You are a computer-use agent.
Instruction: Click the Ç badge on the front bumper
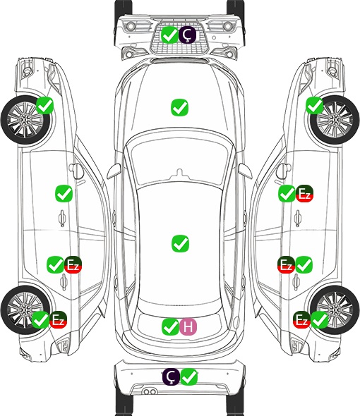(x=187, y=35)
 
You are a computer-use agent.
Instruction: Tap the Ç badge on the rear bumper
(x=172, y=377)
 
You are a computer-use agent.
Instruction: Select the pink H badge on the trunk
(x=188, y=326)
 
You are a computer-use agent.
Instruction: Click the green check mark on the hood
(x=179, y=107)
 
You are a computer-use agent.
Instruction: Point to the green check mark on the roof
(x=180, y=243)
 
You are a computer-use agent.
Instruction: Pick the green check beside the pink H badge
(x=170, y=326)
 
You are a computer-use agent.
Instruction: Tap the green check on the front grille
(x=169, y=35)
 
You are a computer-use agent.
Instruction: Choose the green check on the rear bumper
(x=189, y=377)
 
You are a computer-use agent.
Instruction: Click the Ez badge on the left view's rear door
(x=73, y=264)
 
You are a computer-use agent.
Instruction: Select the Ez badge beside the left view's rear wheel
(x=58, y=319)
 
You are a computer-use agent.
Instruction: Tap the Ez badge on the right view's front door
(x=304, y=194)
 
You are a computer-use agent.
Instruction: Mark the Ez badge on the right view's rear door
(x=286, y=264)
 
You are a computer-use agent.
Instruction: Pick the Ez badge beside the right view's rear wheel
(x=301, y=319)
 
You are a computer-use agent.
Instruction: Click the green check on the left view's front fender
(x=45, y=105)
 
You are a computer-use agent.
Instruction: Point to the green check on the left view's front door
(x=64, y=193)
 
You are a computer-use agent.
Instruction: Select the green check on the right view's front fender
(x=315, y=105)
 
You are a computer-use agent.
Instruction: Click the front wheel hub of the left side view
(x=25, y=120)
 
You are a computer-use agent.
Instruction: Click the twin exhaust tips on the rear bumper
(x=150, y=391)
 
